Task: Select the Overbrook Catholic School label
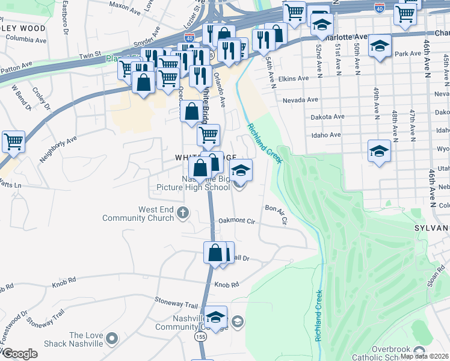399,353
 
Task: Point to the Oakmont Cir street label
237,221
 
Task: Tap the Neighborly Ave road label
58,149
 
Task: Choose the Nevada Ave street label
304,100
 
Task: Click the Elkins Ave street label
294,78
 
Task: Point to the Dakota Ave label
327,117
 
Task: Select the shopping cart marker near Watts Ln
13,142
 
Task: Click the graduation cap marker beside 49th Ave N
379,152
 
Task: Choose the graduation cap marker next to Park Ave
380,46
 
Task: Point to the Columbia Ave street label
26,41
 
